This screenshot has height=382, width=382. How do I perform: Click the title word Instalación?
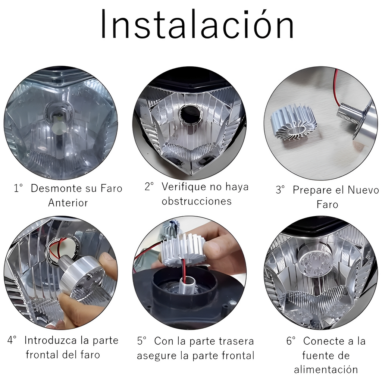point(197,24)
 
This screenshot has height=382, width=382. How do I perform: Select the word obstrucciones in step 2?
point(197,201)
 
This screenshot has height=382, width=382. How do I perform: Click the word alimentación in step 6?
point(326,370)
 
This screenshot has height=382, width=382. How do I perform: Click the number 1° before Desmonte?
point(18,188)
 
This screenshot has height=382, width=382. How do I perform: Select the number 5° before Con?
point(141,341)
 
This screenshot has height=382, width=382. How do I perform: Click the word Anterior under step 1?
point(68,203)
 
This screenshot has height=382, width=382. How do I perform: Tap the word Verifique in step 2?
point(184,187)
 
